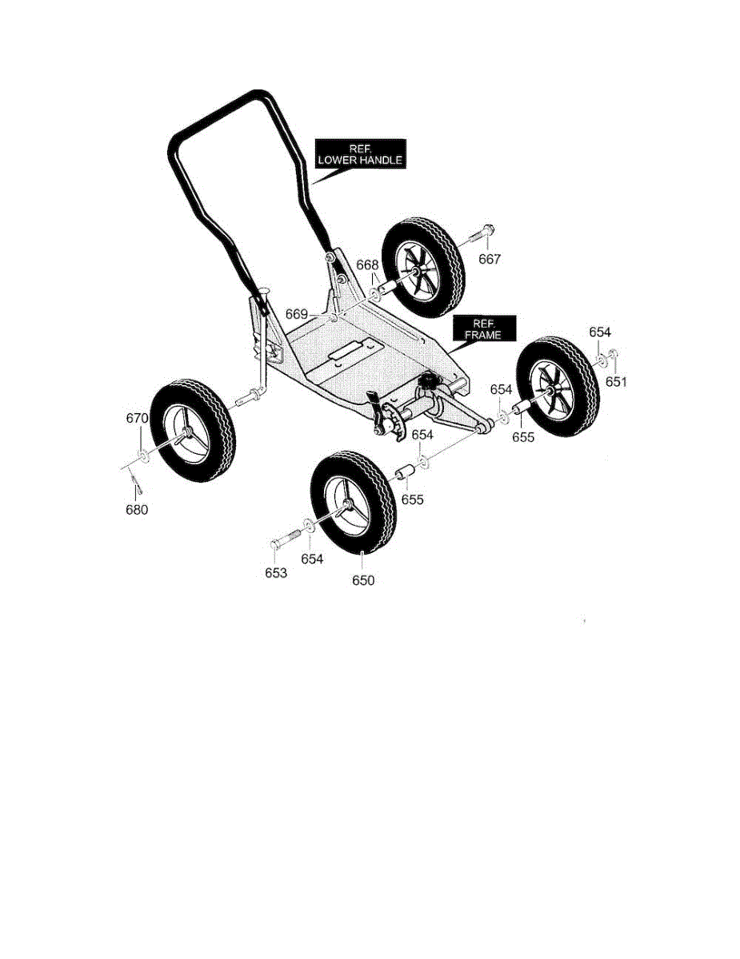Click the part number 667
point(490,259)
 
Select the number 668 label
point(367,265)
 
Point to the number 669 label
point(296,313)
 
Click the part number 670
point(138,418)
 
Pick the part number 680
point(137,510)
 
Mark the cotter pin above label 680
point(135,483)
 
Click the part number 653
point(276,573)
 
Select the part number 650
point(363,581)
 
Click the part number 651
point(616,381)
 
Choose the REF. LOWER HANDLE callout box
point(359,154)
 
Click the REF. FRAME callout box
point(483,329)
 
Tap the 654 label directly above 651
point(600,332)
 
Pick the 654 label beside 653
point(312,559)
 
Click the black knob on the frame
point(430,382)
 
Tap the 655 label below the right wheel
point(523,437)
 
